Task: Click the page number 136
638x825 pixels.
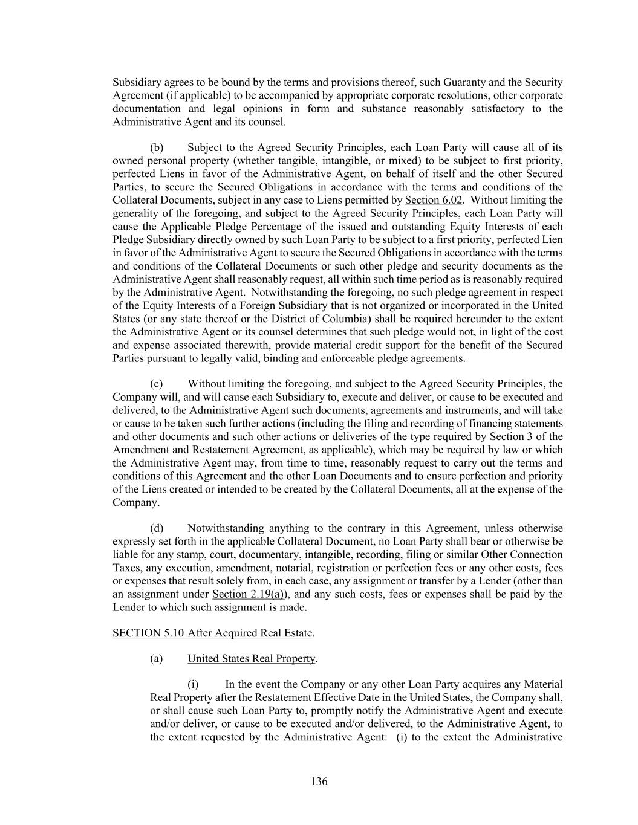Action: click(319, 781)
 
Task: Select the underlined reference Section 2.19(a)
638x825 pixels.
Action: click(250, 594)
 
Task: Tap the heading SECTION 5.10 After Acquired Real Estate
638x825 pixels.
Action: click(212, 633)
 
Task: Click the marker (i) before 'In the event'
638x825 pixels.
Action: click(193, 684)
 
